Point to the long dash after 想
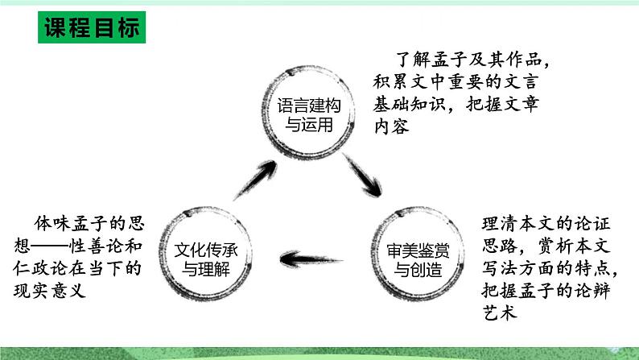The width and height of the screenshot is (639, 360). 56,243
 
